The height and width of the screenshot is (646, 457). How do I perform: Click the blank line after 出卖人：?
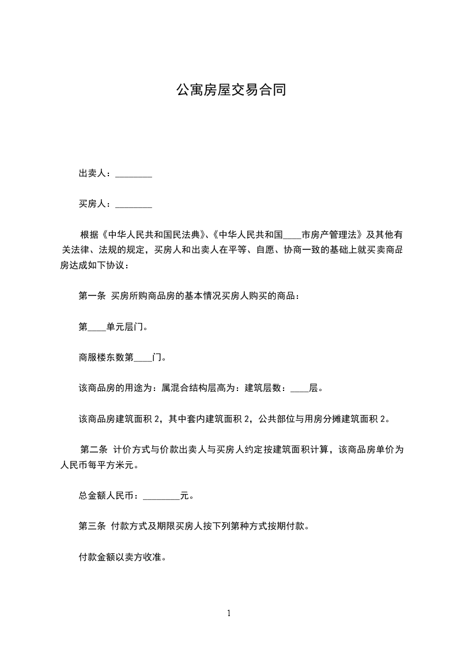[134, 175]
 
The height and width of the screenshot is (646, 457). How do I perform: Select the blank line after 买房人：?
[134, 205]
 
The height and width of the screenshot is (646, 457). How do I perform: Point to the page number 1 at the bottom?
[229, 614]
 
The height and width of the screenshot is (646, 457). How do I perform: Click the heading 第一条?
[92, 296]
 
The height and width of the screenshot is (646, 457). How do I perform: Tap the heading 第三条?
[92, 526]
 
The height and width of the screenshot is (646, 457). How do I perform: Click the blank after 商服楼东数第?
[143, 359]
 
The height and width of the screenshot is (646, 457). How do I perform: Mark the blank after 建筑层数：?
[300, 389]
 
